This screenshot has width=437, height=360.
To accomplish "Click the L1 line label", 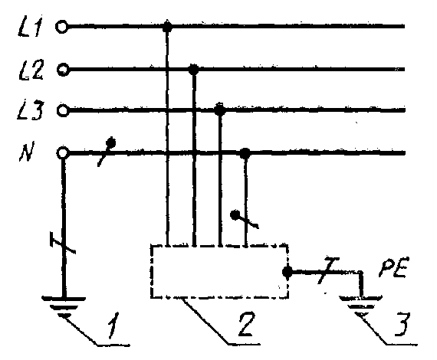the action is pyautogui.click(x=31, y=28).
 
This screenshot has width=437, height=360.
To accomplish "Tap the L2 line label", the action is pyautogui.click(x=31, y=70).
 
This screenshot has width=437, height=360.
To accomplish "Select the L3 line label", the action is pyautogui.click(x=30, y=111).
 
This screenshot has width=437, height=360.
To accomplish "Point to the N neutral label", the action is pyautogui.click(x=27, y=152).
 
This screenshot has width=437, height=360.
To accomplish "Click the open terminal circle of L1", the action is pyautogui.click(x=61, y=27).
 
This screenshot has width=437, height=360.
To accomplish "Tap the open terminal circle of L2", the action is pyautogui.click(x=63, y=70).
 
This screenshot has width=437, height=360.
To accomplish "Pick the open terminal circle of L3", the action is pyautogui.click(x=63, y=110).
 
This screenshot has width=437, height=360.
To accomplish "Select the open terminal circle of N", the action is pyautogui.click(x=63, y=153).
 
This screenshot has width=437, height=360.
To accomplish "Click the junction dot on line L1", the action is pyautogui.click(x=167, y=27).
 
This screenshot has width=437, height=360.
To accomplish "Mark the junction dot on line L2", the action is pyautogui.click(x=193, y=69).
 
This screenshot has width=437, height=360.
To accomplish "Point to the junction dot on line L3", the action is pyautogui.click(x=220, y=110).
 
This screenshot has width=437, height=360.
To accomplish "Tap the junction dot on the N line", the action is pyautogui.click(x=245, y=153).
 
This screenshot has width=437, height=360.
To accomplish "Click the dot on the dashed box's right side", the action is pyautogui.click(x=287, y=272).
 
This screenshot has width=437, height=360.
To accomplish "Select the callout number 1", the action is pyautogui.click(x=113, y=325).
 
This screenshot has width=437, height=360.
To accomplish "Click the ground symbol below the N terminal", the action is pyautogui.click(x=64, y=306).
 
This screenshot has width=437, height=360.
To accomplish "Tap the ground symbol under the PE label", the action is pyautogui.click(x=360, y=304).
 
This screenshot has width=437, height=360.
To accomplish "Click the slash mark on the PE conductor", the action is pyautogui.click(x=328, y=270).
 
